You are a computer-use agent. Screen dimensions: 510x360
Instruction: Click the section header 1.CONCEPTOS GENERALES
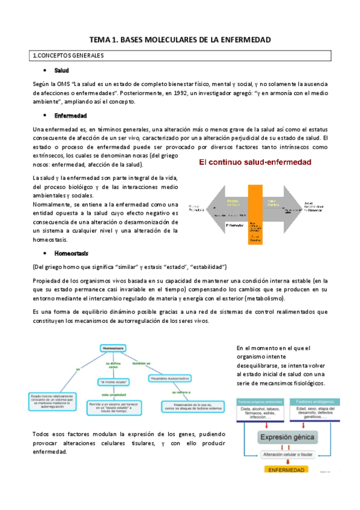point(68,56)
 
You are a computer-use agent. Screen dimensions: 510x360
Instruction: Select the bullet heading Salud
point(61,71)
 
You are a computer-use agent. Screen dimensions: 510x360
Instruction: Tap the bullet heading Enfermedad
point(71,115)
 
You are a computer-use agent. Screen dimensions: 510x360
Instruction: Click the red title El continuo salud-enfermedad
point(255,162)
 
